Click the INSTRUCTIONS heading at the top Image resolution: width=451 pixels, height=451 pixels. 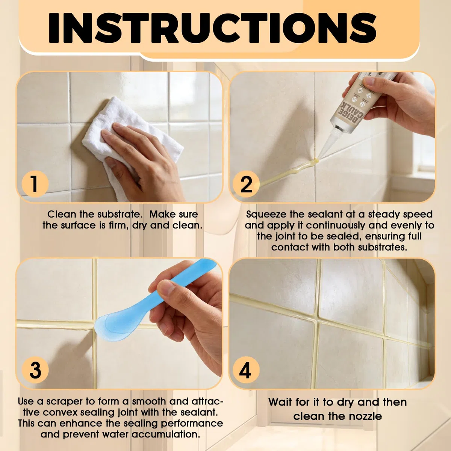pos(212,28)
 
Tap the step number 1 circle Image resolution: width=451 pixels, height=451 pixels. pos(35,184)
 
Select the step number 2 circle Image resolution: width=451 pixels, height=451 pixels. pos(246,184)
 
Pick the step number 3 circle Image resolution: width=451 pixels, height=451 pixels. pos(35,370)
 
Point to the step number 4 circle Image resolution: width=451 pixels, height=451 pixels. pos(246,370)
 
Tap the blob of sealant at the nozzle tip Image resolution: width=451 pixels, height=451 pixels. pos(316,160)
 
